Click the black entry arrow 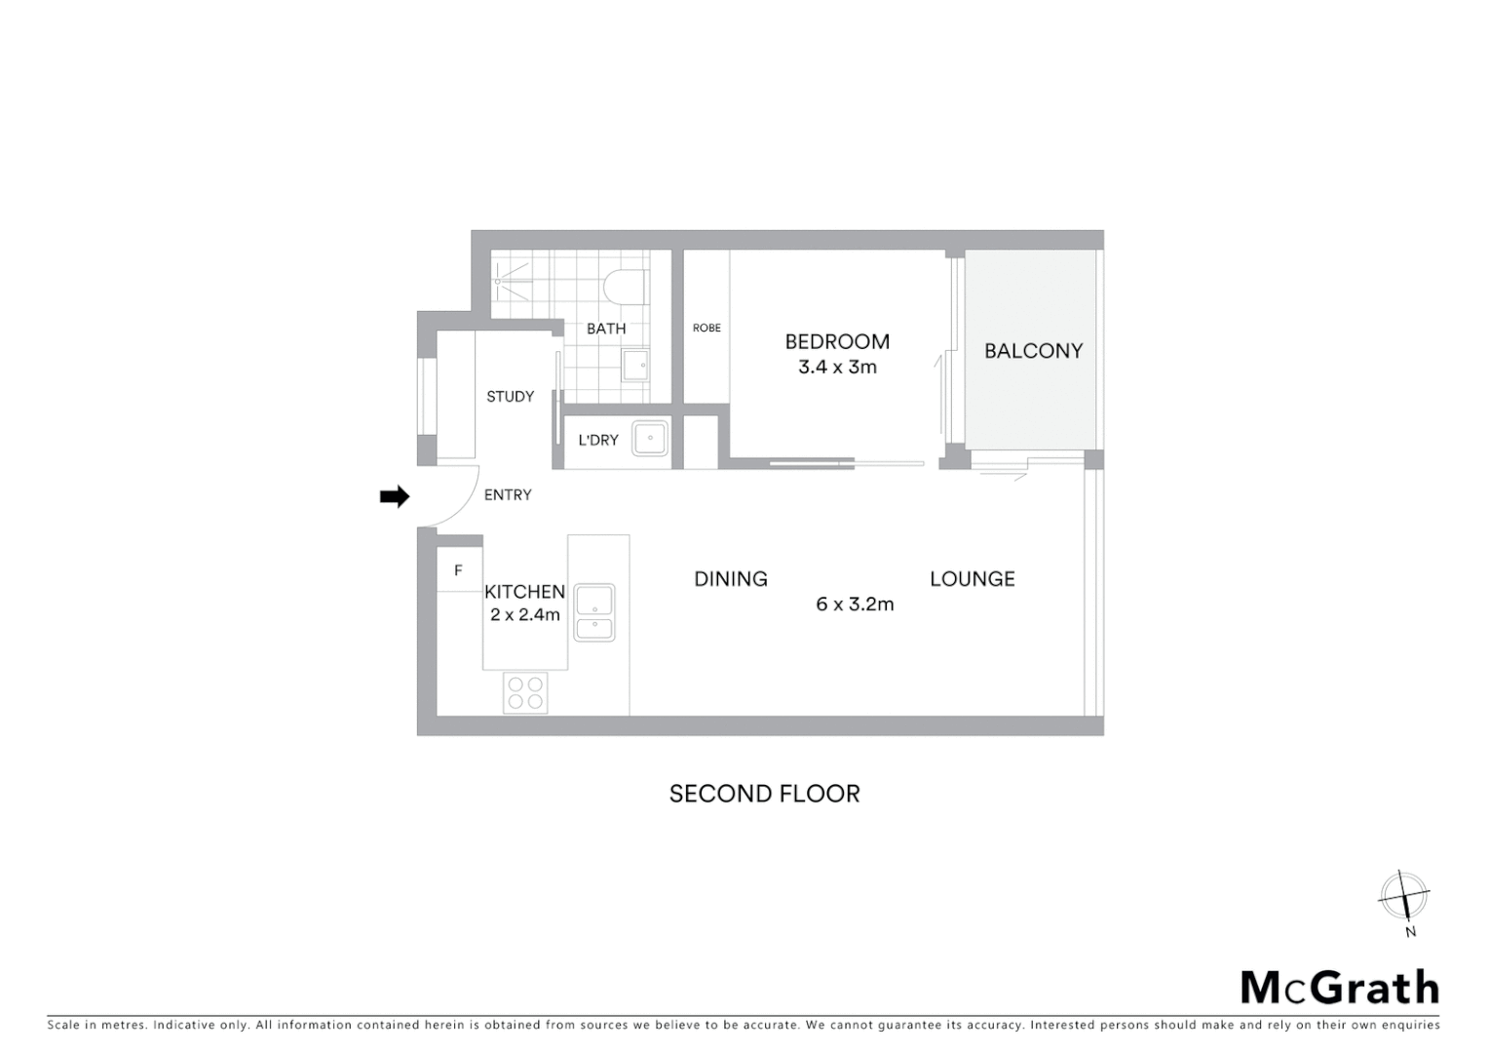[x=394, y=497]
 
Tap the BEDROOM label [x=837, y=342]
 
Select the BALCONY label [x=1033, y=351]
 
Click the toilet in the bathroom [x=624, y=288]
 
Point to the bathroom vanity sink [x=635, y=366]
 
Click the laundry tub [x=650, y=439]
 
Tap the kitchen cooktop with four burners [x=525, y=693]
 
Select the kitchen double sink [x=594, y=612]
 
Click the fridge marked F [x=458, y=571]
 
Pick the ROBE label [x=706, y=329]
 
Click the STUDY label [x=511, y=397]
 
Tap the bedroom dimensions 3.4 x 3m [x=837, y=368]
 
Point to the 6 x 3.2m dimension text [x=855, y=604]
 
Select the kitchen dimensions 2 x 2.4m [x=525, y=615]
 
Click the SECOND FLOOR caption [x=764, y=794]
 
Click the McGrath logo [x=1339, y=988]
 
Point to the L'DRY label [x=598, y=441]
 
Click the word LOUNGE [x=972, y=579]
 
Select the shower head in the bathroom [x=498, y=281]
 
